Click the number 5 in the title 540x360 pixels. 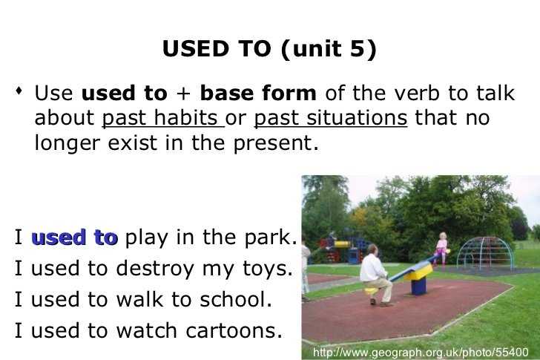(x=358, y=48)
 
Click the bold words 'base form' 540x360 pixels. (x=258, y=93)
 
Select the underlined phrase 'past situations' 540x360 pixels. (x=331, y=118)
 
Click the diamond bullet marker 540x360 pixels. (x=19, y=91)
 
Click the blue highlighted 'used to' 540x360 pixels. (x=75, y=238)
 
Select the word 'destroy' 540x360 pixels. (x=155, y=269)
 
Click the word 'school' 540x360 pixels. (x=232, y=299)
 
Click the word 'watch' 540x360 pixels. (x=147, y=330)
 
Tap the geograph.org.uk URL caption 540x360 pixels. (x=421, y=352)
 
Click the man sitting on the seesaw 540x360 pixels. (x=375, y=275)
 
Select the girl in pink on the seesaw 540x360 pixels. (x=441, y=249)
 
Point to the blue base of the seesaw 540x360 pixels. (x=418, y=286)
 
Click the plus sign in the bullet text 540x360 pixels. (x=183, y=94)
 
